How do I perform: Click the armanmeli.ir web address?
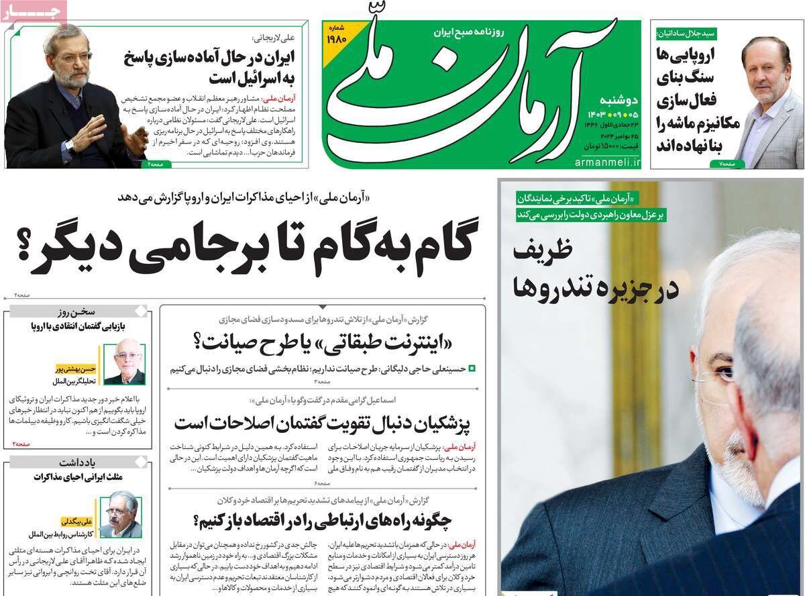(x=607, y=162)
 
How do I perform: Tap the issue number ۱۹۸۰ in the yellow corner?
(x=337, y=39)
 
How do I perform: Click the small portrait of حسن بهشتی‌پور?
(x=124, y=364)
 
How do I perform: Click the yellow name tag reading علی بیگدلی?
(x=78, y=521)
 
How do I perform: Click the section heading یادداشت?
(x=97, y=462)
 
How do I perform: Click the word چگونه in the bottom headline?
(x=427, y=519)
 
